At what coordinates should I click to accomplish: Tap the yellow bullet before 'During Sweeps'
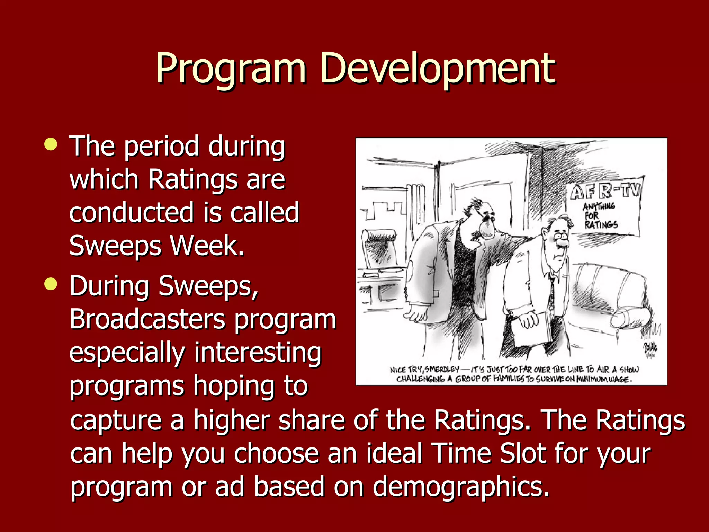tap(51, 284)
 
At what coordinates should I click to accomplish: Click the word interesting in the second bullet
tap(258, 352)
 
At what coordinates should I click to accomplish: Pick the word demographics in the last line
tap(460, 487)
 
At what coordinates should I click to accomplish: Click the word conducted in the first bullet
tap(132, 212)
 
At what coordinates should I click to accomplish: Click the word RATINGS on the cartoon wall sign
tap(601, 225)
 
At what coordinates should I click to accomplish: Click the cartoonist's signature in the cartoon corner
tap(650, 348)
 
